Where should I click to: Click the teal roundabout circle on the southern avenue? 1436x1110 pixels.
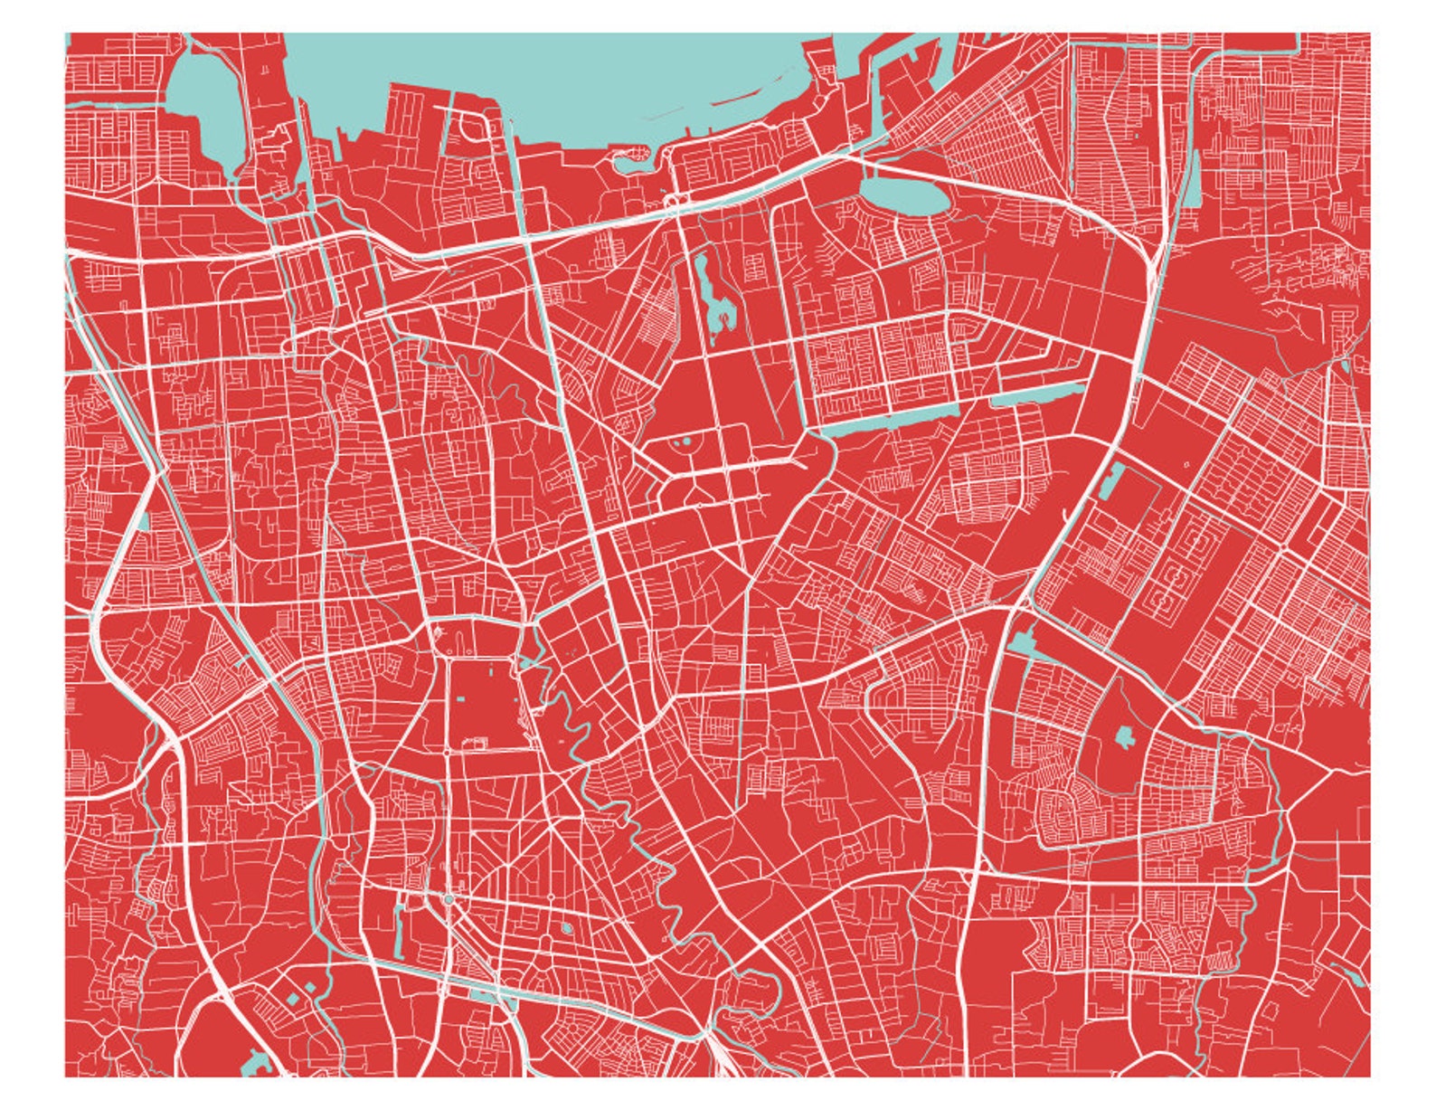449,900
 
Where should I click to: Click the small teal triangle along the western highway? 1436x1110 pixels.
143,523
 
